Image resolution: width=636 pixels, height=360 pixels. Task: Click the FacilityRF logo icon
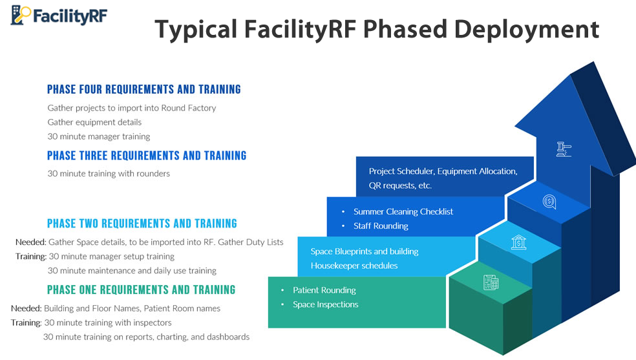[21, 14]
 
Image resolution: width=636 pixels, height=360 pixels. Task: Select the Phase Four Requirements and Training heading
[144, 89]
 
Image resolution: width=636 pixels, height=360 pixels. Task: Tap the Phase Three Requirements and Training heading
[147, 156]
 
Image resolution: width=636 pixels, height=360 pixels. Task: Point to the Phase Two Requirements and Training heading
[142, 224]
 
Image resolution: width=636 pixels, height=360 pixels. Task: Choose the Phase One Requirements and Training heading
[141, 290]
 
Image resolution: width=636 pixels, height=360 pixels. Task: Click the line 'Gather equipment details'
[94, 122]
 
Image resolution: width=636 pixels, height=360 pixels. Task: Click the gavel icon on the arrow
[564, 149]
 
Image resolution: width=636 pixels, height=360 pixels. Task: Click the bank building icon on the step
[518, 242]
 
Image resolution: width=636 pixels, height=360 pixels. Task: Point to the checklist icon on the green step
[491, 282]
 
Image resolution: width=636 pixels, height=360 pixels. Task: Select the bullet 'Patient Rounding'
[324, 290]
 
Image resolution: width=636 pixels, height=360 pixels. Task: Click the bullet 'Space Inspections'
[325, 304]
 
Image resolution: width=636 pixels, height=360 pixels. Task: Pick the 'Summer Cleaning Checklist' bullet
[403, 211]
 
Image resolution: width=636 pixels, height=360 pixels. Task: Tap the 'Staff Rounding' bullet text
[381, 226]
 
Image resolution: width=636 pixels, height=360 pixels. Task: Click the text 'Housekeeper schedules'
[354, 266]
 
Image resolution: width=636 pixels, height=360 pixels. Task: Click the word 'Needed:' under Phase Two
[30, 242]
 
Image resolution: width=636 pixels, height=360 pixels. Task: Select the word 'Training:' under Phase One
[26, 323]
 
